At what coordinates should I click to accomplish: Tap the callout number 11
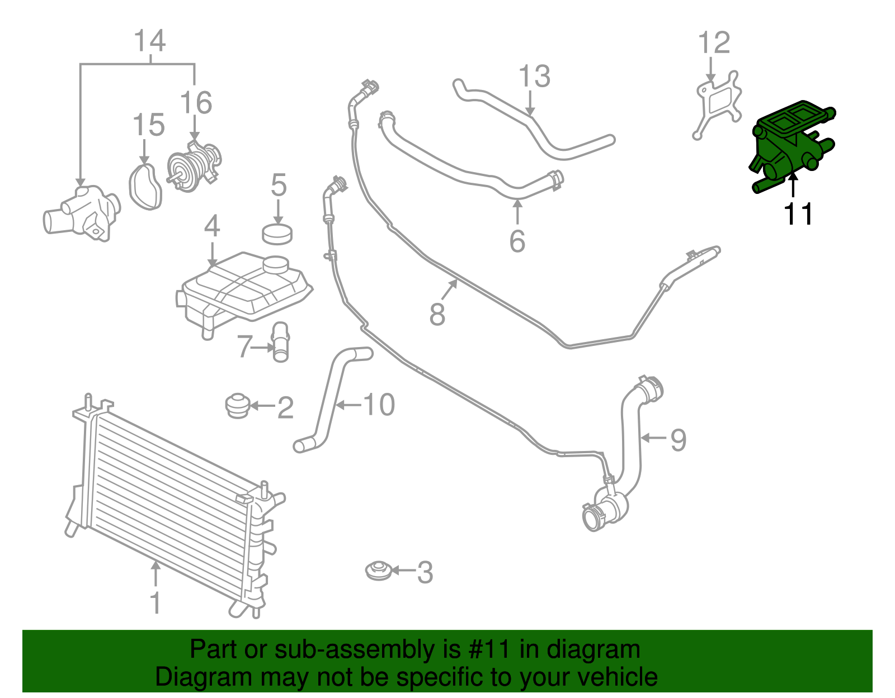pos(798,214)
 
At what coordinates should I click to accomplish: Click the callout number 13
pos(534,77)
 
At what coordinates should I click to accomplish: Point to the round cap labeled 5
pos(277,233)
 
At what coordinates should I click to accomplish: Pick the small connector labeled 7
pos(280,341)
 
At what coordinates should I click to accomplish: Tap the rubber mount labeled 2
pos(237,406)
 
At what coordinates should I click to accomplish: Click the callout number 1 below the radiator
pos(156,603)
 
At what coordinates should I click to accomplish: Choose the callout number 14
pos(150,41)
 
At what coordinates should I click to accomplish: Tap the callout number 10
pos(379,404)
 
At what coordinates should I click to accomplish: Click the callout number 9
pos(678,440)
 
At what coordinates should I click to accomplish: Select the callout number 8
pos(437,314)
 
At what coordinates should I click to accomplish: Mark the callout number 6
pos(517,241)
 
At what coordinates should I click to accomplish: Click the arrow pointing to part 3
pos(403,571)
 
